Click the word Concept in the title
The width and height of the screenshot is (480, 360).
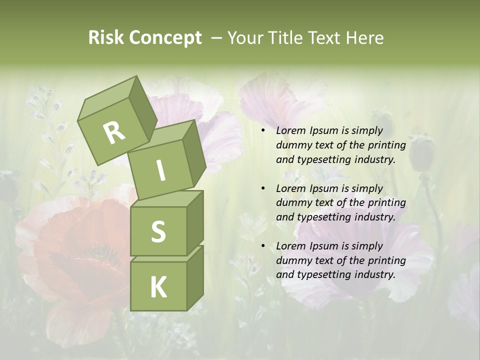(x=165, y=38)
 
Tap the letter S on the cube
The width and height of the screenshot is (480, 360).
(x=158, y=231)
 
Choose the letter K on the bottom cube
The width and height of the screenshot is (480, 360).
(x=158, y=287)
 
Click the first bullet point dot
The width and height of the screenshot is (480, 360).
(x=263, y=131)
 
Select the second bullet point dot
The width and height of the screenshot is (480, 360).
(x=263, y=188)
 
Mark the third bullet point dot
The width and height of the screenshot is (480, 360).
(x=263, y=246)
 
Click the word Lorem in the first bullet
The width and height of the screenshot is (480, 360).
(x=289, y=131)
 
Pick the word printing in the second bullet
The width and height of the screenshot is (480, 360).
(x=387, y=203)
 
